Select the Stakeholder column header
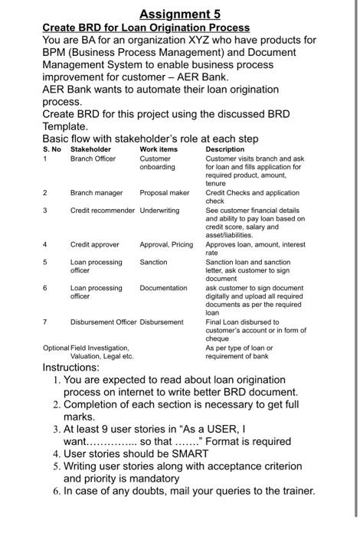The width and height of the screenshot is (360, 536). pos(90,149)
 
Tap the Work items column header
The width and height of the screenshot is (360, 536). pos(158,149)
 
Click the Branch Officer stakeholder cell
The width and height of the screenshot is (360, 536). pos(93,159)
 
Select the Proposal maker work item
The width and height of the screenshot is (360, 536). pos(164,193)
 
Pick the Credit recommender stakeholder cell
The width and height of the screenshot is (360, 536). pos(103,210)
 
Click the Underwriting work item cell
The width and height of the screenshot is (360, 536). pos(159,210)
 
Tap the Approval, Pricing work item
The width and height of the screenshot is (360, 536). pos(166,244)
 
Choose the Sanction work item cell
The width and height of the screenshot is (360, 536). pos(153,262)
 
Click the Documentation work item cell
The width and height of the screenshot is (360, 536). pos(163,288)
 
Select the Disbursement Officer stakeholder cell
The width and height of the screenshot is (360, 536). pos(103,322)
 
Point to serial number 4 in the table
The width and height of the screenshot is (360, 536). pos(45,244)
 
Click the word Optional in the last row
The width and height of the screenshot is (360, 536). pos(56,348)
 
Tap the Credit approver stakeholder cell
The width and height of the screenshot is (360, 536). pos(95,244)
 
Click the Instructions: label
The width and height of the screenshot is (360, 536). pos(70,368)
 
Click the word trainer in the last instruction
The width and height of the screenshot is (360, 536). pos(294,491)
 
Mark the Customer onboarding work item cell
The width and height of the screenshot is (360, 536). pos(157,162)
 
